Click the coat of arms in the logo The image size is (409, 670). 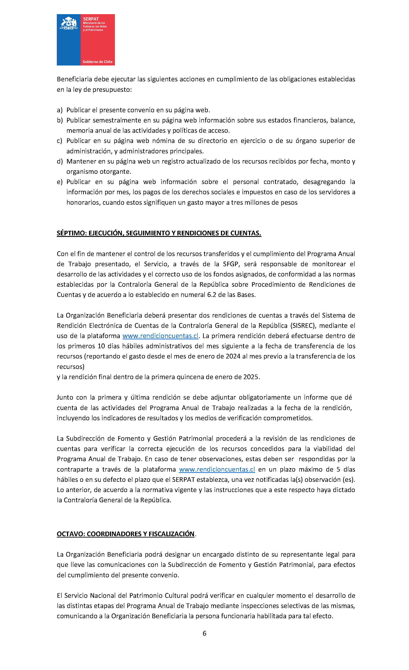[x=69, y=23]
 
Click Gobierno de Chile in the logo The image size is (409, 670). [x=98, y=62]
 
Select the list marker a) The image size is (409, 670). [x=60, y=110]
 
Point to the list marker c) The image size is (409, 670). [x=60, y=141]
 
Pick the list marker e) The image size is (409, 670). [x=60, y=182]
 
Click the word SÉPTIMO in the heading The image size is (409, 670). [x=72, y=233]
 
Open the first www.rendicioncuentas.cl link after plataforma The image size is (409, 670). [x=160, y=336]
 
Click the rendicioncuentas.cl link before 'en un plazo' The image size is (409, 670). [x=217, y=470]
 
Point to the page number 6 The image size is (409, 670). [x=205, y=633]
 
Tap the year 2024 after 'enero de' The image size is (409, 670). [x=233, y=357]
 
